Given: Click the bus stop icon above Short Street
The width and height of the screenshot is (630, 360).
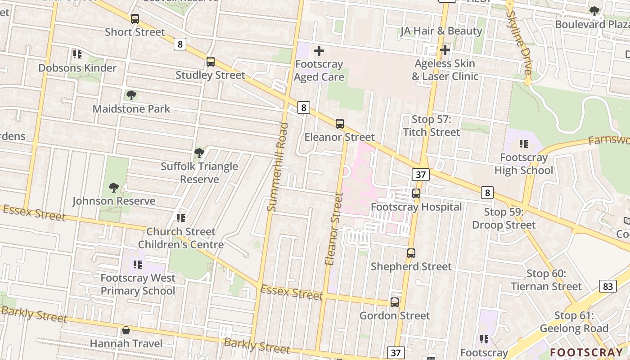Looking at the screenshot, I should (x=135, y=19).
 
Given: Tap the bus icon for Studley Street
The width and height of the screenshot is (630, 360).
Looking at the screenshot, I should (x=210, y=62).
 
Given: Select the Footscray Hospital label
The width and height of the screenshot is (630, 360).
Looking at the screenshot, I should (x=416, y=207).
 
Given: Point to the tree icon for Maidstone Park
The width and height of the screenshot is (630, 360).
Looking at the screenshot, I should (x=131, y=95).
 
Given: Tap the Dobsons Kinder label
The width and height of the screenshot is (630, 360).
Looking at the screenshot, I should (x=77, y=68).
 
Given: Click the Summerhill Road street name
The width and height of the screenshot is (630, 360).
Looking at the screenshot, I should (x=277, y=166).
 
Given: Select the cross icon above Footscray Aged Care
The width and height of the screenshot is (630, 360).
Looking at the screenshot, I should (x=319, y=51).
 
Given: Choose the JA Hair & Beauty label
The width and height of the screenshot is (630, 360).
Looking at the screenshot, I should (x=441, y=31).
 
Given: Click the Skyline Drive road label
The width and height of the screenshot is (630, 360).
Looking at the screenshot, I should (x=519, y=43).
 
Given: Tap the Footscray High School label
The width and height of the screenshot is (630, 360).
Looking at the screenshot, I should (x=524, y=164).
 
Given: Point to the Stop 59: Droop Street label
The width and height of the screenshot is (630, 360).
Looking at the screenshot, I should (x=504, y=218).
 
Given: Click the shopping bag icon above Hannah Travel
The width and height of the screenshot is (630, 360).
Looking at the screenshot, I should (x=126, y=331).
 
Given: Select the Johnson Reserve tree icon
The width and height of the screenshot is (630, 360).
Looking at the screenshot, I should (x=114, y=188).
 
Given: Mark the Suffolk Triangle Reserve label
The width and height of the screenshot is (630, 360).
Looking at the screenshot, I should (x=199, y=173).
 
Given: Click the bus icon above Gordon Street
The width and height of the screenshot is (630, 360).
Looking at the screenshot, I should (x=395, y=302).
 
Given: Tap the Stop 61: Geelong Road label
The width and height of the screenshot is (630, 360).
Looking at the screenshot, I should (x=574, y=322).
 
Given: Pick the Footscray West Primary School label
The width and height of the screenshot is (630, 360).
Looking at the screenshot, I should (x=138, y=284).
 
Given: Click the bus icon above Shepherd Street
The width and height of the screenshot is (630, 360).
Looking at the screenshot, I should (x=411, y=253).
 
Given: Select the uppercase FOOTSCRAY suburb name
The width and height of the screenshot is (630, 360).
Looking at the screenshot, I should (x=586, y=352).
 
